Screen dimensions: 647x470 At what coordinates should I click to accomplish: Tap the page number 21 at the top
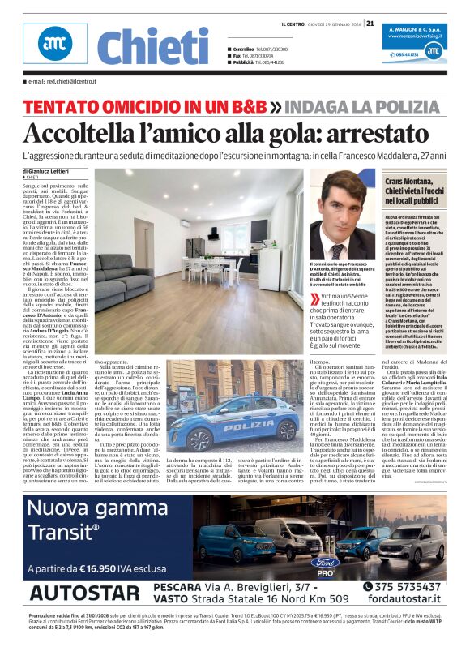(370, 23)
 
